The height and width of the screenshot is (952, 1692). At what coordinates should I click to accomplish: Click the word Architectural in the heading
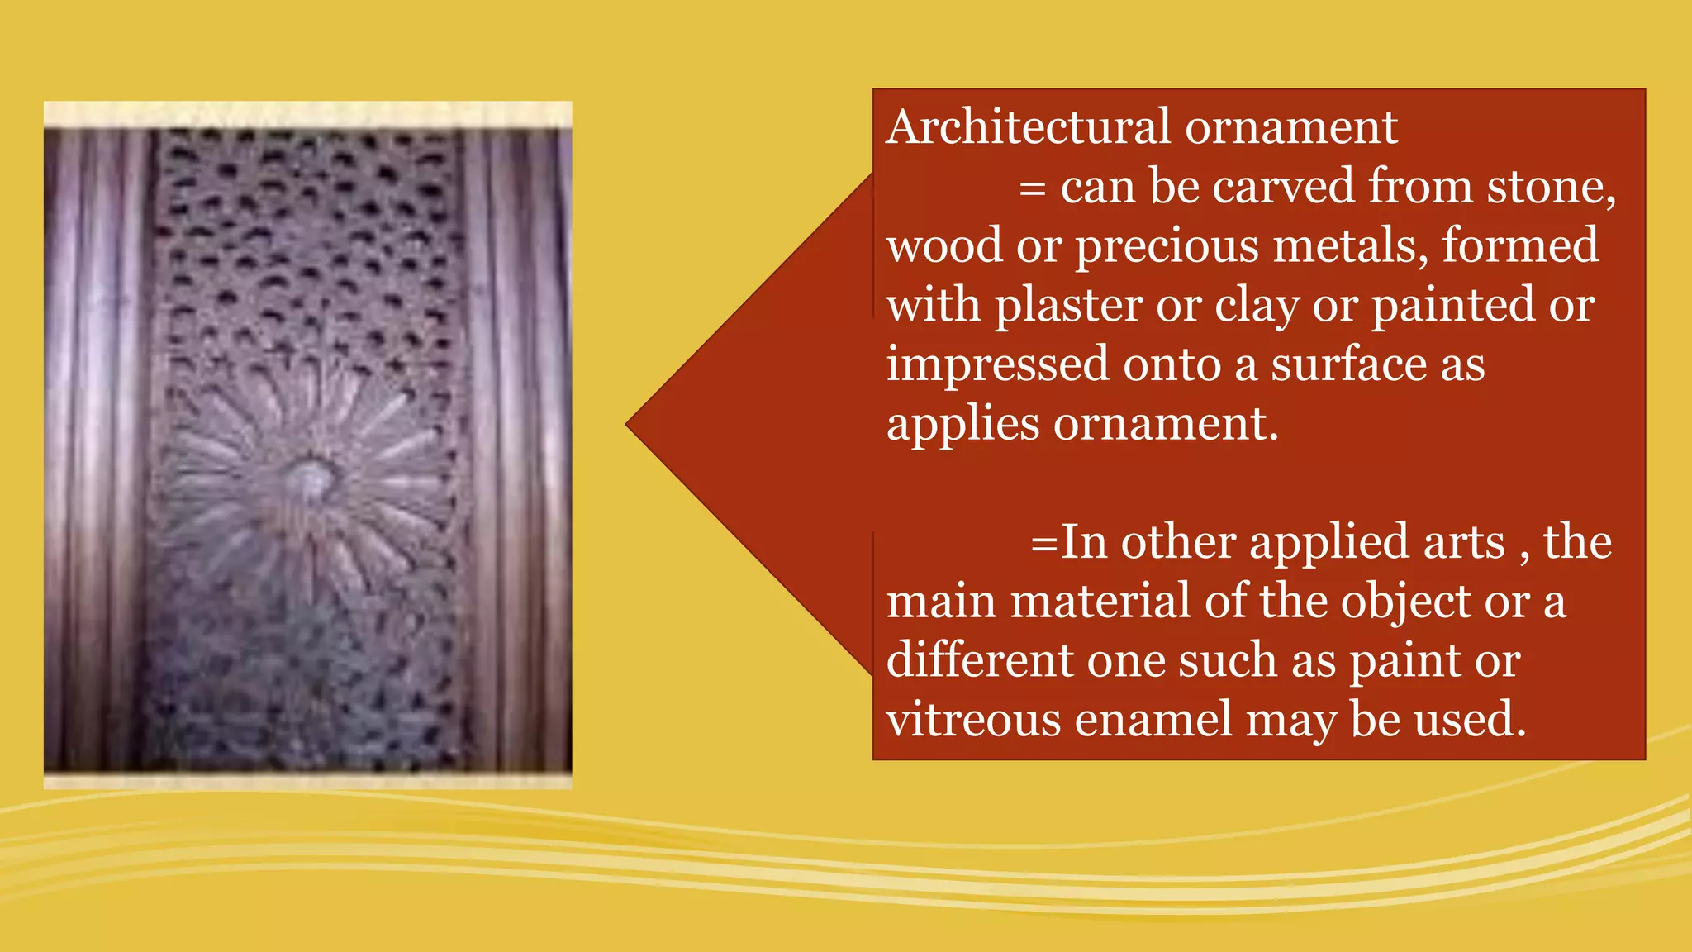(1029, 127)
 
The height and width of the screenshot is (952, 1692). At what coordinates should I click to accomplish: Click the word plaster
(1068, 306)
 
